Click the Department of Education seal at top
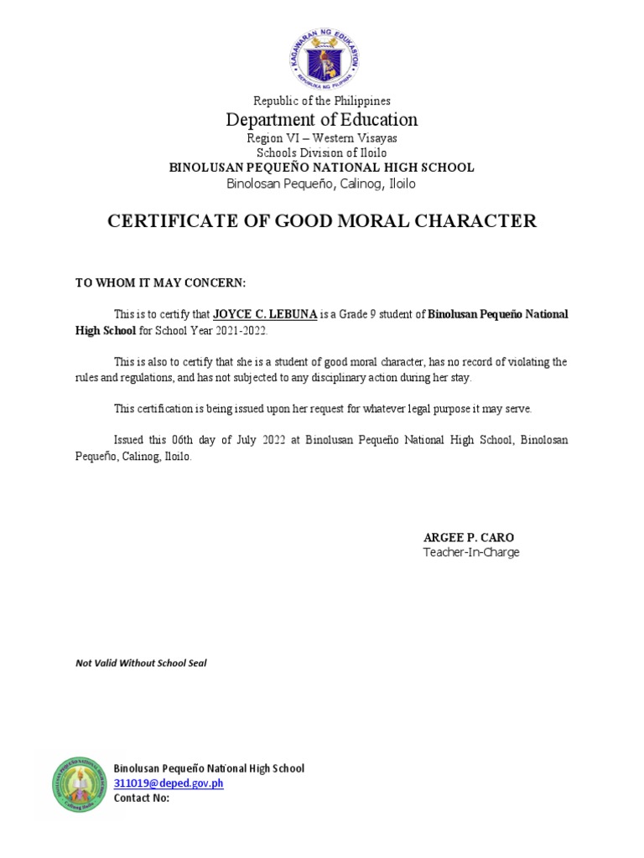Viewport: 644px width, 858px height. click(322, 55)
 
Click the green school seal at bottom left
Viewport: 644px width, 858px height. click(80, 784)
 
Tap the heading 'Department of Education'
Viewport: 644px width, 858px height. click(322, 119)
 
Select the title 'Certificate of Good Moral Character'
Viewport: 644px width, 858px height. click(322, 221)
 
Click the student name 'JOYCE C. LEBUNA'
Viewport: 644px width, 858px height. click(265, 315)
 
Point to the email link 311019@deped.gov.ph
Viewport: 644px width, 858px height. click(169, 783)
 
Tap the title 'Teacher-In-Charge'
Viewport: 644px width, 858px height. click(471, 552)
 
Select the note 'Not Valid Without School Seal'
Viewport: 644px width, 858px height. click(141, 663)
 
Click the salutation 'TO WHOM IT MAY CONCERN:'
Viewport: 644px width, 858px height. click(161, 283)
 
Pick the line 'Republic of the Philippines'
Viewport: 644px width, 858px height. click(322, 101)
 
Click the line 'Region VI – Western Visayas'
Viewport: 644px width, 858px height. click(322, 138)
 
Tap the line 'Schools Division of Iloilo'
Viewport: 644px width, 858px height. click(322, 153)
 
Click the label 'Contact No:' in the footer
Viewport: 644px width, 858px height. click(142, 798)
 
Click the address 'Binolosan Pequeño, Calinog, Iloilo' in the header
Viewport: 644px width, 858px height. click(322, 183)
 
